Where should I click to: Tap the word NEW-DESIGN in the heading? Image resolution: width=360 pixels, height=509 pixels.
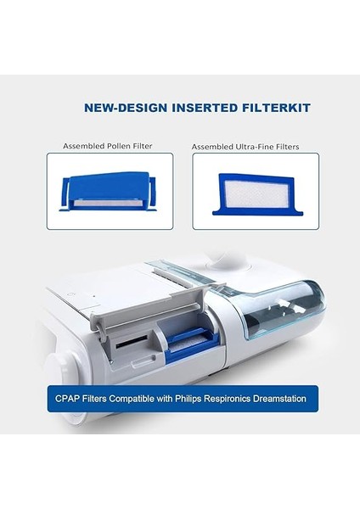pos(119,109)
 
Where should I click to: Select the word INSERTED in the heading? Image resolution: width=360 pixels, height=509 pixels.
pos(185,109)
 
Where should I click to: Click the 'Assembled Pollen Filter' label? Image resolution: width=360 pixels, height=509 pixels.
pos(107,146)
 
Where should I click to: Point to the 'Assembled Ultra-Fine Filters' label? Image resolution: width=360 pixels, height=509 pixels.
pos(245,146)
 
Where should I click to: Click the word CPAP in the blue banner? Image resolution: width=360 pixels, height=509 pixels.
pos(69,398)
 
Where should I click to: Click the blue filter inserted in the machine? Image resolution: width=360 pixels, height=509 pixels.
pos(188,343)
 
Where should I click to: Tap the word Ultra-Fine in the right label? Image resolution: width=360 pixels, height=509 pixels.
pos(250,146)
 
